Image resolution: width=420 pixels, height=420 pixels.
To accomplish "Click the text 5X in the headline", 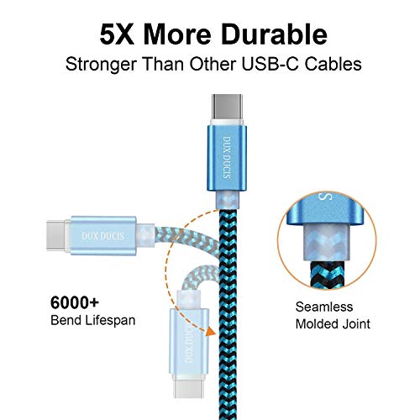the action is tap(117, 34).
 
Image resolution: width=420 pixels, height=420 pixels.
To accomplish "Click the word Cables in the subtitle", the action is tap(333, 64).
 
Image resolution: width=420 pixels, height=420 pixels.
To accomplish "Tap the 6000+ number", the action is tap(75, 302).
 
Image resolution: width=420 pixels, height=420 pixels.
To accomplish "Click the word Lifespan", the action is tap(110, 321).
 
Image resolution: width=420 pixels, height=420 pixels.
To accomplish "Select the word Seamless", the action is tap(324, 307).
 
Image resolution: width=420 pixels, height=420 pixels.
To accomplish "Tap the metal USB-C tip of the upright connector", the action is tap(227, 107).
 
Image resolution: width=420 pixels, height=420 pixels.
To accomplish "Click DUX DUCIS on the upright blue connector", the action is tap(227, 158).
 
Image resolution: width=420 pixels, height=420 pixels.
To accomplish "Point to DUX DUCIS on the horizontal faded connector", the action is tap(102, 236).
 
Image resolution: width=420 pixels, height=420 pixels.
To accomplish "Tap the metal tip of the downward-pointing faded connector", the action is tap(187, 388).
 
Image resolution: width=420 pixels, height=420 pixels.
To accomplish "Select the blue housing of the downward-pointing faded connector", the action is tap(189, 342).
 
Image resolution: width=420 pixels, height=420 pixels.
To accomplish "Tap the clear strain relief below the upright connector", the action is tap(227, 200).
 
